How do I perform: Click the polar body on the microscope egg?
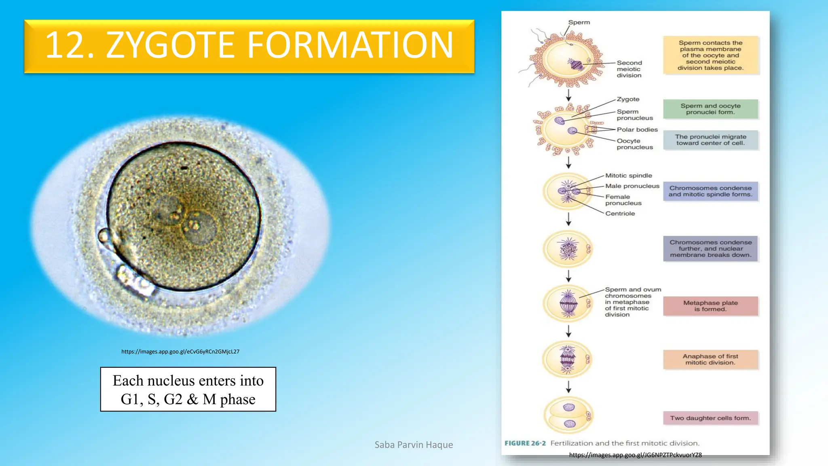[103, 235]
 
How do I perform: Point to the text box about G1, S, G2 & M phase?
[188, 389]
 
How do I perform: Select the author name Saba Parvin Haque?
[414, 445]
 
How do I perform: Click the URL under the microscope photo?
[180, 352]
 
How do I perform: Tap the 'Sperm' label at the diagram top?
[579, 22]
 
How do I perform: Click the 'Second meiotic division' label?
[629, 69]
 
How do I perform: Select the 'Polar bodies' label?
[637, 129]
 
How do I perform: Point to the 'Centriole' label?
[620, 214]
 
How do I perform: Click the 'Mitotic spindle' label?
[628, 176]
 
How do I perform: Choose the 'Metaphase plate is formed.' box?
[710, 306]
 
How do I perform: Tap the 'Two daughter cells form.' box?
[710, 418]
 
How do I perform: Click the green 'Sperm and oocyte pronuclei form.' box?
[710, 109]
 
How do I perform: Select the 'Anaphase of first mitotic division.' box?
[710, 359]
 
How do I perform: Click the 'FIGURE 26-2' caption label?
[525, 443]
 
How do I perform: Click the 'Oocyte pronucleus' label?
[634, 144]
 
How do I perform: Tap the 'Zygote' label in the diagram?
[628, 99]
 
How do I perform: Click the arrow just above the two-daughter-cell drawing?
[568, 387]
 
